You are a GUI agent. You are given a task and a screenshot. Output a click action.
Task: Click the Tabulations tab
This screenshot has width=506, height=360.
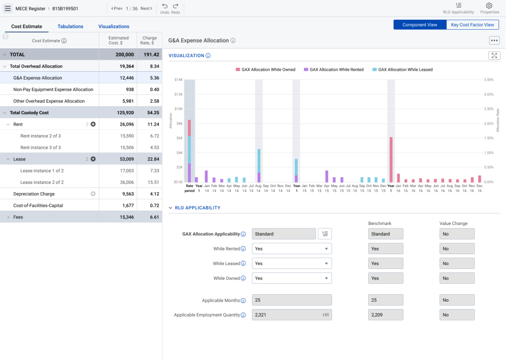pos(70,26)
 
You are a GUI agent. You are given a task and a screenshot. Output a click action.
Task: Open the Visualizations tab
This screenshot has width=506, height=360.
pos(114,26)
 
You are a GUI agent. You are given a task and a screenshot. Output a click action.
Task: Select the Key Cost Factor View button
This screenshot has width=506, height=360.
pos(472,25)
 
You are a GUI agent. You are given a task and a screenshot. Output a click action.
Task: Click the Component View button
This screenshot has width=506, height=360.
pos(420,25)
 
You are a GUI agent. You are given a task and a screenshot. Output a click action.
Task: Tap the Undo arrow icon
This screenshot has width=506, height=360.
pos(165,6)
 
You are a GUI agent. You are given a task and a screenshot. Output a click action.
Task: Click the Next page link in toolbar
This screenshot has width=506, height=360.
pos(146,8)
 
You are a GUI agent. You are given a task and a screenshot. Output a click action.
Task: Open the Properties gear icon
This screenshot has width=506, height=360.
pos(489,6)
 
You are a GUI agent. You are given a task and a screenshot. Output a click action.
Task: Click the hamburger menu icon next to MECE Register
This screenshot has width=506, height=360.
pos(7,8)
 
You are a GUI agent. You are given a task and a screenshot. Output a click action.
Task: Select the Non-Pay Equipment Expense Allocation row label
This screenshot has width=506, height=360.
pos(53,90)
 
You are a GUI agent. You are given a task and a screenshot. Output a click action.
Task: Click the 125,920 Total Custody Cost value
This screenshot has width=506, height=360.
pos(124,113)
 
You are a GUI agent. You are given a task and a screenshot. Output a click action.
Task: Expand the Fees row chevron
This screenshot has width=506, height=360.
pos(8,217)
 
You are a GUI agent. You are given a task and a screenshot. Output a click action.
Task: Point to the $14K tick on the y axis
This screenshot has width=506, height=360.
pos(178,80)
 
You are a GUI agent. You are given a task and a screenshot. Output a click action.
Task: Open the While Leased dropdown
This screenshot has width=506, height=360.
pos(292,264)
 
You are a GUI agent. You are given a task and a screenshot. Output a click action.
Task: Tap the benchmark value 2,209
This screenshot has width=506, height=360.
pos(386,315)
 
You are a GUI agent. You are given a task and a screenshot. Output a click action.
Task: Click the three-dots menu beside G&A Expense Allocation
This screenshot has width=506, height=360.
pos(494,41)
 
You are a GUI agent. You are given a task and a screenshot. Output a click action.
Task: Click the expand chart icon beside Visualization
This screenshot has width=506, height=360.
pos(494,55)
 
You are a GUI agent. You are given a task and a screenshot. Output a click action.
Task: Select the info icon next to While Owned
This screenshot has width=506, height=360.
pos(244,278)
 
